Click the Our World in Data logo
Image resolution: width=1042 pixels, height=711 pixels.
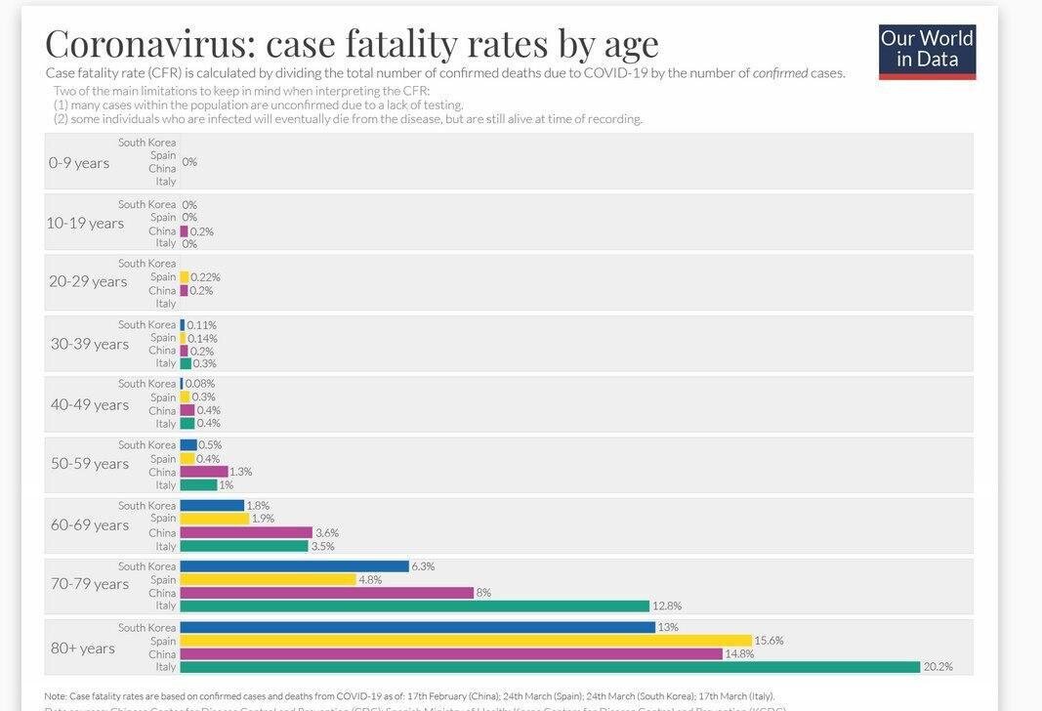(927, 52)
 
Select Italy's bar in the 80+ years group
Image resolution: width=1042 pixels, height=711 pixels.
(550, 667)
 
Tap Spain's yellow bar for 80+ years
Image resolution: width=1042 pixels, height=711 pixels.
(466, 641)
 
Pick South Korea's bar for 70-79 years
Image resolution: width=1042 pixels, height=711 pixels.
(294, 566)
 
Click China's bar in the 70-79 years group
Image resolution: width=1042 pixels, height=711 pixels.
(326, 593)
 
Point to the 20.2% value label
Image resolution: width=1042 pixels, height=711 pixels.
(938, 667)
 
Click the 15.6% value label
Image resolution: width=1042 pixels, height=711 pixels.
(769, 641)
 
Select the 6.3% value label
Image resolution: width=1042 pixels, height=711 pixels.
(423, 566)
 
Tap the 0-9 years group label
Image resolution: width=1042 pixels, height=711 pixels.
(79, 163)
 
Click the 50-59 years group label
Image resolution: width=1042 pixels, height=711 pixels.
(90, 464)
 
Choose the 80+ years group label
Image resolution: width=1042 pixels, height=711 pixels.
(83, 648)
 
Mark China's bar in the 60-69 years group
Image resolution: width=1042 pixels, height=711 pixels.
(246, 533)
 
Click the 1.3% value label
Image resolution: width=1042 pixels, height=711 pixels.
(240, 472)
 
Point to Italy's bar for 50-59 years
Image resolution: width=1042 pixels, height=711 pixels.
(198, 485)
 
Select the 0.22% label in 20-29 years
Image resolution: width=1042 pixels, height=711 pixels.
(205, 277)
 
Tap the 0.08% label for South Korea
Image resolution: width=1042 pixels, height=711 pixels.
(200, 384)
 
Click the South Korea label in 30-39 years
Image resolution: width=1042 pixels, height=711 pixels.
(146, 324)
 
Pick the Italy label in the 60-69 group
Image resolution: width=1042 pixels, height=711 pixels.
(166, 547)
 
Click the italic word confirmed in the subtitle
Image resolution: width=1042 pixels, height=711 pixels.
(780, 73)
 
